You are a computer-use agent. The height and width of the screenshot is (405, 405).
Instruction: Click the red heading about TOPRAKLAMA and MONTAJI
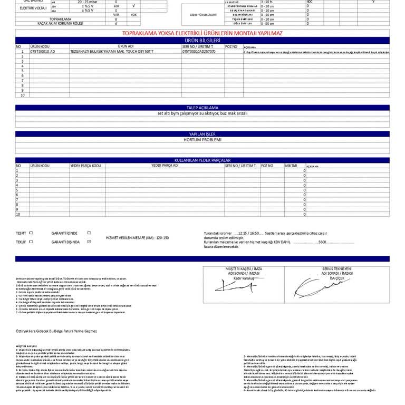(202, 33)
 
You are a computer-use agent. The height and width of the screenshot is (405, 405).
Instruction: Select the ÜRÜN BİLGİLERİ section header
(202, 40)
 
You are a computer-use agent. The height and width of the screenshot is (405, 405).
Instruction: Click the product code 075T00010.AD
(43, 52)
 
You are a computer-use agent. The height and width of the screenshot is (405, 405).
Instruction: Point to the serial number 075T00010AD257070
(199, 52)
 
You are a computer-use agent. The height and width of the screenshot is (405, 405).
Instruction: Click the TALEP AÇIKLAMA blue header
(202, 108)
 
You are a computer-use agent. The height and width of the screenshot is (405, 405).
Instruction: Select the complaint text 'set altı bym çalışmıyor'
(202, 113)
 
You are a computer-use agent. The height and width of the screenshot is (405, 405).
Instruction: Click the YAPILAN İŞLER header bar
(202, 134)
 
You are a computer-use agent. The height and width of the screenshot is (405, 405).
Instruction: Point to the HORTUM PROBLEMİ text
(202, 140)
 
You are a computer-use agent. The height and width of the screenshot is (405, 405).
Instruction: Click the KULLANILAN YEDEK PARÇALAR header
(202, 160)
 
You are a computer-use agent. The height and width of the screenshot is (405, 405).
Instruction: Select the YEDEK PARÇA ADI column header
(165, 166)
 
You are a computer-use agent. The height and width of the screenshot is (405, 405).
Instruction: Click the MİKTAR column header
(291, 166)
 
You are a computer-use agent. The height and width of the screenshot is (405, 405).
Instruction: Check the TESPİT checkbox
(31, 233)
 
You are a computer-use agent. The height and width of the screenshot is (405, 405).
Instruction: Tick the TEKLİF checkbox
(31, 242)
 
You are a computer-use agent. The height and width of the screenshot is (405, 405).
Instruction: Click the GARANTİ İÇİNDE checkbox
(89, 233)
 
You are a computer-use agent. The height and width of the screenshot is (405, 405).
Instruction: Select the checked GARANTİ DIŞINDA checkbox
(89, 242)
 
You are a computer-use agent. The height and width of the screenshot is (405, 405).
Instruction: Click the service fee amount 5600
(323, 242)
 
